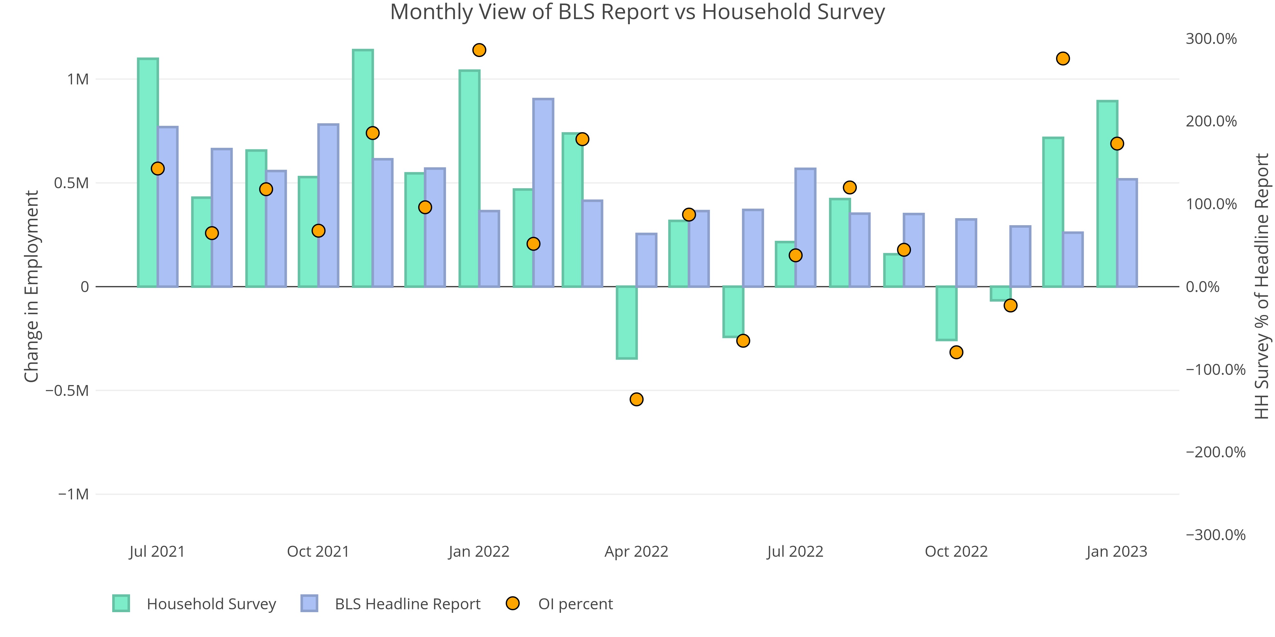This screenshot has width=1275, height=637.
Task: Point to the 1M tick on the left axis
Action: pos(78,79)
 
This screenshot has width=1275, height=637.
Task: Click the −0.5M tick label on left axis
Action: pos(67,391)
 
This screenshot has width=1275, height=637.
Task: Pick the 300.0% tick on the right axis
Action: pos(1211,39)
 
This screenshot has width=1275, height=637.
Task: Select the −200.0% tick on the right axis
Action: pos(1215,452)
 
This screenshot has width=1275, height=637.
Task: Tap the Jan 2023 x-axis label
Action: pos(1117,551)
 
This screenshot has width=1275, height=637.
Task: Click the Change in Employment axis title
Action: pos(32,286)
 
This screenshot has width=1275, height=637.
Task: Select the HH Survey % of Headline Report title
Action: pos(1263,286)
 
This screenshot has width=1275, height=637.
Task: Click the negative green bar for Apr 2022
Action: pos(627,322)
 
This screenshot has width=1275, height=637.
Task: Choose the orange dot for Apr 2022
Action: pos(637,399)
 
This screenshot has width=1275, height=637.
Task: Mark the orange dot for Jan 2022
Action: pos(479,50)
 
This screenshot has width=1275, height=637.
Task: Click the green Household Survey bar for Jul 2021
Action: pos(148,173)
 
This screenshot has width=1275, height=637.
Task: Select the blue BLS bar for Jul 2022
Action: pos(805,227)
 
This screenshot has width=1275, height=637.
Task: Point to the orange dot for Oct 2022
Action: pos(956,352)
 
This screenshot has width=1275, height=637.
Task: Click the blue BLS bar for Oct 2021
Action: pos(328,205)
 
